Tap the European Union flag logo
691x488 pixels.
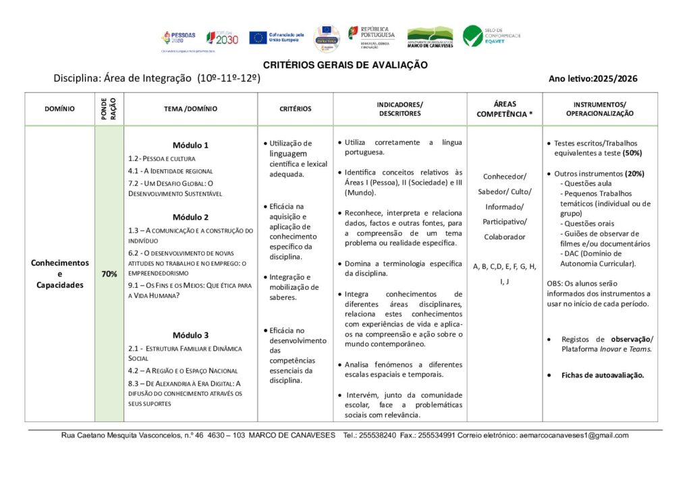[258, 38]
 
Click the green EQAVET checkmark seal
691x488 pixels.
[472, 36]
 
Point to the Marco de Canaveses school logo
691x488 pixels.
[430, 37]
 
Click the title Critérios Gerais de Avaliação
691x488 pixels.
[345, 65]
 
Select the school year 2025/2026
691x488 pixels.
[615, 79]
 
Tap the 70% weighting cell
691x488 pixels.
[109, 274]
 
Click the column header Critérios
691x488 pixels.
[296, 109]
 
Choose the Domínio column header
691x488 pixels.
[60, 109]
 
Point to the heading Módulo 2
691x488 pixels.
[190, 217]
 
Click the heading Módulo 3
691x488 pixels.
[190, 335]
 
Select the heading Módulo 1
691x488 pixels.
[190, 145]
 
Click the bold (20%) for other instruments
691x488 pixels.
[634, 173]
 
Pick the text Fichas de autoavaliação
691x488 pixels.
[603, 375]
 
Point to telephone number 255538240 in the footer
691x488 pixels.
[379, 435]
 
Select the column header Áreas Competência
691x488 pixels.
[505, 109]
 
